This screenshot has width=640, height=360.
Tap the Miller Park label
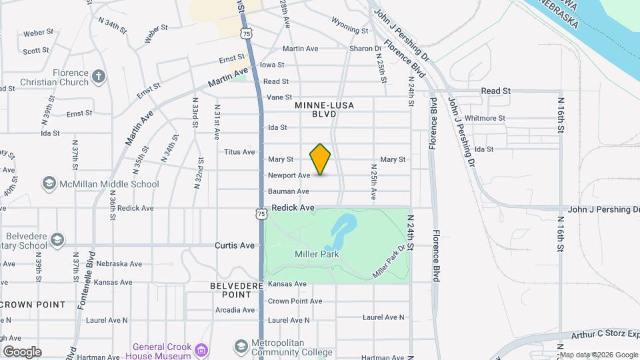(317, 254)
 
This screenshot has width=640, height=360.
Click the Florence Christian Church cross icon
(99, 75)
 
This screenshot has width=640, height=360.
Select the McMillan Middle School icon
(49, 183)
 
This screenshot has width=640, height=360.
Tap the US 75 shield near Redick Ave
(261, 213)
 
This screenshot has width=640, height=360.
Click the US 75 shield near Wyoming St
(247, 32)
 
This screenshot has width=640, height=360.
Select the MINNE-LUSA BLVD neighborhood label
(324, 110)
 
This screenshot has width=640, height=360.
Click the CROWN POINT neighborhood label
(33, 305)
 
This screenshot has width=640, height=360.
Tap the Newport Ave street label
(289, 175)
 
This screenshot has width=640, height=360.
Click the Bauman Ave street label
(289, 191)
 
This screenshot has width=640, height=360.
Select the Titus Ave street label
(239, 152)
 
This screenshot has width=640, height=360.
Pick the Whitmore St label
(485, 118)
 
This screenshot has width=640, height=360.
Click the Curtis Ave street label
(235, 245)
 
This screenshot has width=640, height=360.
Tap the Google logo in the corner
(22, 352)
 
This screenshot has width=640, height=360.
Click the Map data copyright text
(598, 355)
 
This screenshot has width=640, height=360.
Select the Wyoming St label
(349, 30)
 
